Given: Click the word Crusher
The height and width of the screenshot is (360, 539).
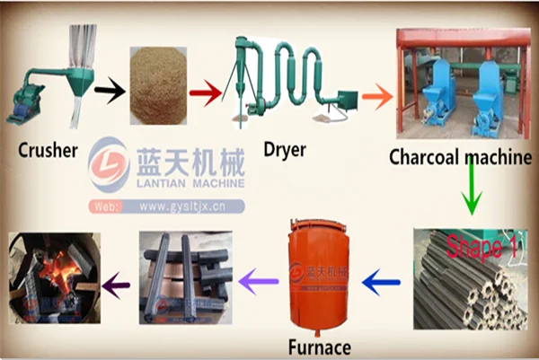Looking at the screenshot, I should (47, 149).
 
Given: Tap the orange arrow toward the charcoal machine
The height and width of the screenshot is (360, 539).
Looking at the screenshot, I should (376, 93).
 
